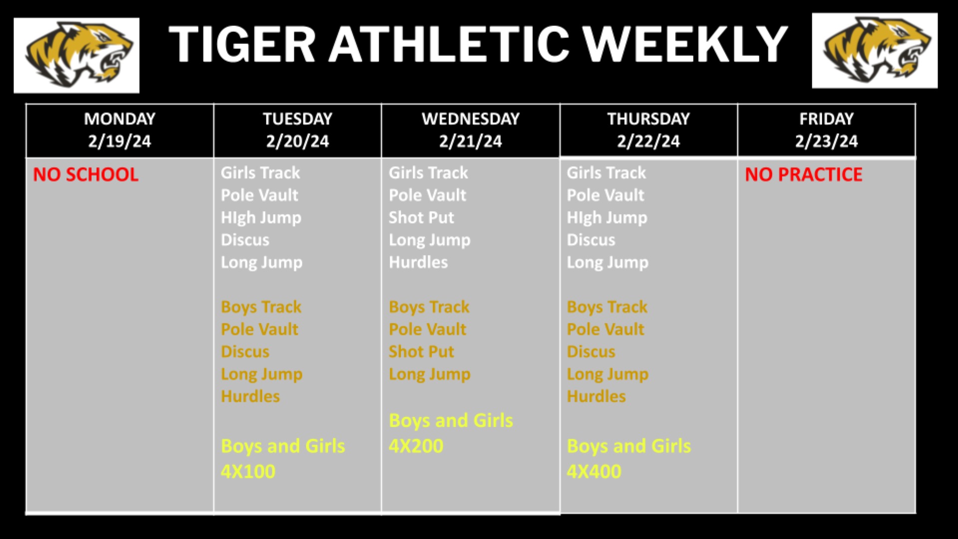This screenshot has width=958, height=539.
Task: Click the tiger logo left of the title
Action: (76, 55)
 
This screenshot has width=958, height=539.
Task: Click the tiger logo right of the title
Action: (875, 50)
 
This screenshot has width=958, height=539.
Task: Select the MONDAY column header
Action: (120, 119)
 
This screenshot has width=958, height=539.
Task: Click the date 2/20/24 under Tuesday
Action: (297, 141)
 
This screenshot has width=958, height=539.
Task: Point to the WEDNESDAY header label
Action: (471, 119)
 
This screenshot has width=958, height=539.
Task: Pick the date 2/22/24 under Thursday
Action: (648, 141)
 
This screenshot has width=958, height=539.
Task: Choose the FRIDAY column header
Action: (826, 119)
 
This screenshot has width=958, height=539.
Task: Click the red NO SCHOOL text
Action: (86, 174)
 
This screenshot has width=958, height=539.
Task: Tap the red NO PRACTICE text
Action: (804, 174)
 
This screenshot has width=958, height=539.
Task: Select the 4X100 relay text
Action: (248, 471)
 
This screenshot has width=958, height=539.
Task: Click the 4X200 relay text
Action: (416, 446)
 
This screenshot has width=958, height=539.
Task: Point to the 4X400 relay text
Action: (594, 471)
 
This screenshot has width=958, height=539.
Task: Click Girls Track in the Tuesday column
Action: (260, 173)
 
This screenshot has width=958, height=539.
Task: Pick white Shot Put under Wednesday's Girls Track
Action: (422, 218)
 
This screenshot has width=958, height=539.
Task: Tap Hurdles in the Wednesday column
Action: (419, 262)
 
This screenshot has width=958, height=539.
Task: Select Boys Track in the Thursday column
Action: (607, 307)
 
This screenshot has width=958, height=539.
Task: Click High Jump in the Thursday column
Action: (607, 218)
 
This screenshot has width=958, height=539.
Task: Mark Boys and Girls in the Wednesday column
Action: (451, 421)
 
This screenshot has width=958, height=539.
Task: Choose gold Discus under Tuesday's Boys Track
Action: (245, 351)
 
